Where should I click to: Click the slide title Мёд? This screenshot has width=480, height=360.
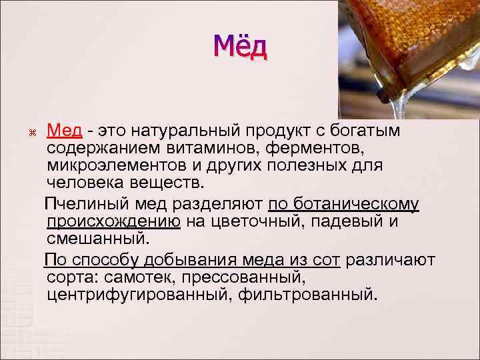point(240,47)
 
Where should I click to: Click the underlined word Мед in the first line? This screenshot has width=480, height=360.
point(65,128)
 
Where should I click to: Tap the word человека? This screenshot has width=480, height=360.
point(85,182)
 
